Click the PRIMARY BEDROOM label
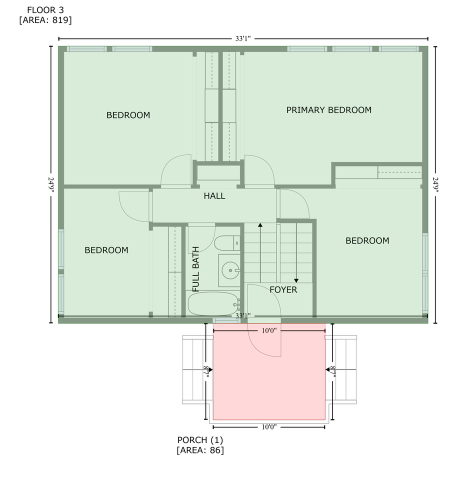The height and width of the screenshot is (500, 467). (328, 110)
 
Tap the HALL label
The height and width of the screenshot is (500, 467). (214, 196)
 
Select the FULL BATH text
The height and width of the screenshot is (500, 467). (195, 269)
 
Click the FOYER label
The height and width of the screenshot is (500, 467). (283, 289)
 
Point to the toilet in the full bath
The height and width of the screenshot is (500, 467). (228, 243)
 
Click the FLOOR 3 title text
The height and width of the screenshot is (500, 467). (45, 9)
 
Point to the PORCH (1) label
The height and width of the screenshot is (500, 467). (200, 440)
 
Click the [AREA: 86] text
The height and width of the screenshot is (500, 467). (200, 450)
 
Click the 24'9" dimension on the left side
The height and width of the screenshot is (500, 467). (51, 185)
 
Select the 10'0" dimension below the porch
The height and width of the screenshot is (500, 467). (269, 426)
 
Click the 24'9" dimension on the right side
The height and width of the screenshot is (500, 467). (435, 185)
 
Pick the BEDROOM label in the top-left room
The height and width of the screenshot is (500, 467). (128, 115)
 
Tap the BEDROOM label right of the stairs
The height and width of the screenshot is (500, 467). (367, 241)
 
